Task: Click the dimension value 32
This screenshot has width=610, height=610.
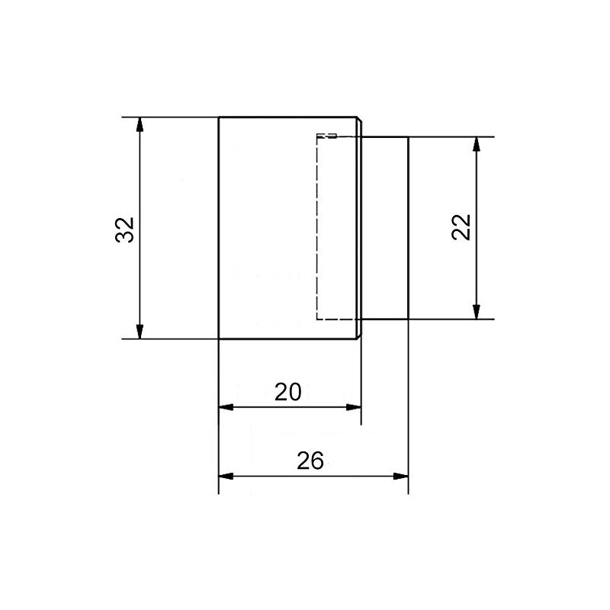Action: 125,230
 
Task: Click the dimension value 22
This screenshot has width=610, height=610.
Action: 462,226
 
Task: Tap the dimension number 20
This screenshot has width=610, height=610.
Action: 287,392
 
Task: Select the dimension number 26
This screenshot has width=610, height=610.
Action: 310,461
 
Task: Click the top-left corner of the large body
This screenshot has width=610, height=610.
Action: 219,117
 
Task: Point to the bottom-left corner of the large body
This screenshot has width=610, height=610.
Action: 219,339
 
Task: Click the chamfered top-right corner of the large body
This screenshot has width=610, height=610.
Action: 359,118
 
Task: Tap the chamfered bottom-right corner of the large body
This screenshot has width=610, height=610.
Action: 359,337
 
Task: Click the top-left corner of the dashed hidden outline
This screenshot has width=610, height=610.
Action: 317,136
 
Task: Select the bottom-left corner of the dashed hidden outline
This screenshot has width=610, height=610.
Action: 317,318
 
